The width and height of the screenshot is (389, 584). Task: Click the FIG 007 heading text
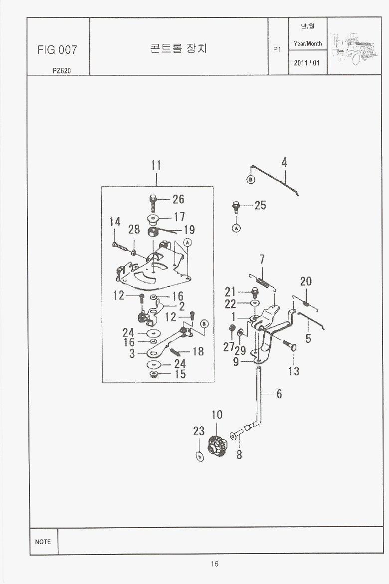(x=57, y=50)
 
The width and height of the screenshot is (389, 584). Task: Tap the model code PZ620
(x=61, y=70)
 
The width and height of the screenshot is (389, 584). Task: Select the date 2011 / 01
(x=307, y=63)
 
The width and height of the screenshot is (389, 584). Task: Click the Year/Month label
(x=308, y=43)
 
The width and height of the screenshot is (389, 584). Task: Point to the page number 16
(x=214, y=564)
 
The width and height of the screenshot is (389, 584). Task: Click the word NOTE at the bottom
(x=43, y=542)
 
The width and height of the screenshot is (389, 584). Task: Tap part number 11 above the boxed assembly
(x=156, y=165)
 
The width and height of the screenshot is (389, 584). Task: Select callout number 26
(x=178, y=200)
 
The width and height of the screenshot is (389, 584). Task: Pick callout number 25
(x=260, y=205)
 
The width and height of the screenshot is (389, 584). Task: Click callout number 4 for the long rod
(x=284, y=163)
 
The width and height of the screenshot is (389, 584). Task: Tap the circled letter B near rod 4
(x=251, y=180)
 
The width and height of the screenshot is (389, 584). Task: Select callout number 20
(x=306, y=282)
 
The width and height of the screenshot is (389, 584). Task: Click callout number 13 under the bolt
(x=294, y=371)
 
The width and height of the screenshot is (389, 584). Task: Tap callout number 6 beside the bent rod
(x=279, y=394)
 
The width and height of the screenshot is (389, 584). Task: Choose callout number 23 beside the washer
(x=199, y=431)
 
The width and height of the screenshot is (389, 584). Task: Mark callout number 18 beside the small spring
(x=198, y=351)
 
